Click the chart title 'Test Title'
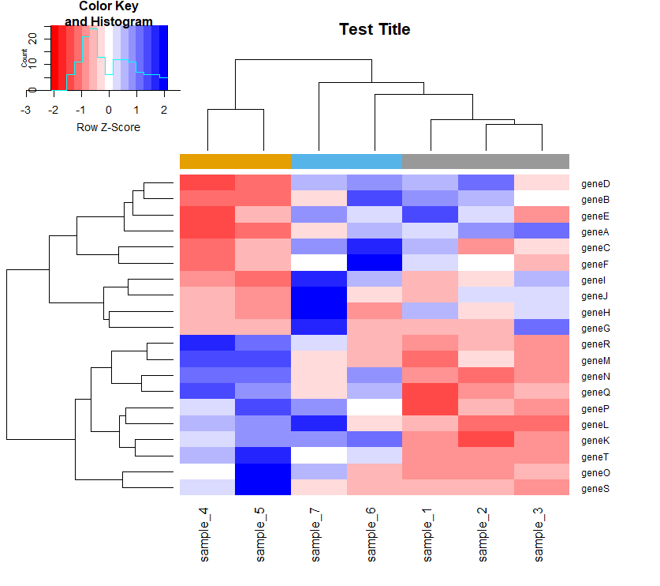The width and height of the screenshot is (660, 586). (375, 29)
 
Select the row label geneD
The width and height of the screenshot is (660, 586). (595, 184)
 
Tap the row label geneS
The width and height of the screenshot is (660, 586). (595, 489)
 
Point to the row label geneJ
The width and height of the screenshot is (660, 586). (595, 296)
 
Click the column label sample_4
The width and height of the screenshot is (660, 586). (207, 535)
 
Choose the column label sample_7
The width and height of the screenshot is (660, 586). (318, 535)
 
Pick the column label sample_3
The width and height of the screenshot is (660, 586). (540, 535)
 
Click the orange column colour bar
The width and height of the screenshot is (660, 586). (235, 161)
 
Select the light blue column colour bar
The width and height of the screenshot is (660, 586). (346, 161)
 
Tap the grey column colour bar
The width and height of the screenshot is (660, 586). (485, 161)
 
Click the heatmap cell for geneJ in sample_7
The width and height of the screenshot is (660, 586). (319, 296)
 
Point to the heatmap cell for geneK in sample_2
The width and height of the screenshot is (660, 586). (485, 441)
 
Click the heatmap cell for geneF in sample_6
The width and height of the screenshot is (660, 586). (374, 265)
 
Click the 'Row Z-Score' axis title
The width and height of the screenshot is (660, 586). (108, 126)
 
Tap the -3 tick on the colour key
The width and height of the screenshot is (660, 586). (26, 109)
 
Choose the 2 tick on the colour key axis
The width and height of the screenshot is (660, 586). (164, 109)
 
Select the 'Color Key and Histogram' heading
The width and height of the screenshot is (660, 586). (108, 14)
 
